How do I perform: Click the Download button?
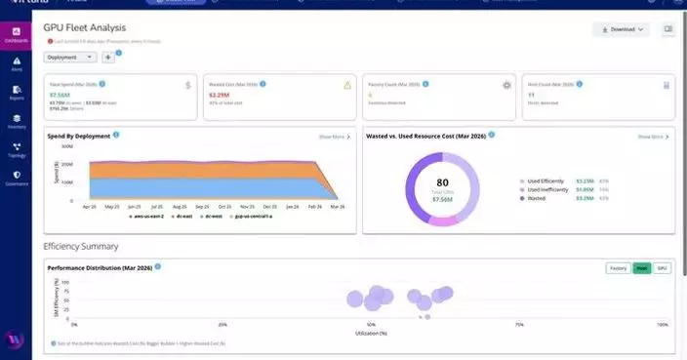[x=621, y=30]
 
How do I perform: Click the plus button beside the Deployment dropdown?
[x=107, y=58]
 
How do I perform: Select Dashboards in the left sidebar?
[x=17, y=36]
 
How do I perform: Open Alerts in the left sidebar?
[x=17, y=64]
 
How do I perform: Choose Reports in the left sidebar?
[x=17, y=93]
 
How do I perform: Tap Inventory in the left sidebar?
[x=17, y=121]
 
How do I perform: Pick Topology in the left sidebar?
[x=17, y=149]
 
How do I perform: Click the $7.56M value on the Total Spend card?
[x=61, y=96]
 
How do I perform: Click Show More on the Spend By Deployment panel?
[x=334, y=137]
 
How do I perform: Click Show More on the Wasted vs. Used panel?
[x=653, y=137]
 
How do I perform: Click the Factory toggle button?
[x=618, y=267]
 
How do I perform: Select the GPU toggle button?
[x=662, y=267]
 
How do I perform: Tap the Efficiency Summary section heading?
[x=83, y=247]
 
